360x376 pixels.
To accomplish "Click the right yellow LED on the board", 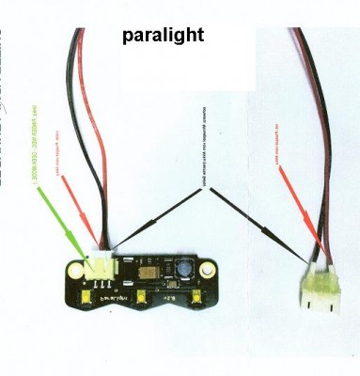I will tap(198, 299).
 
